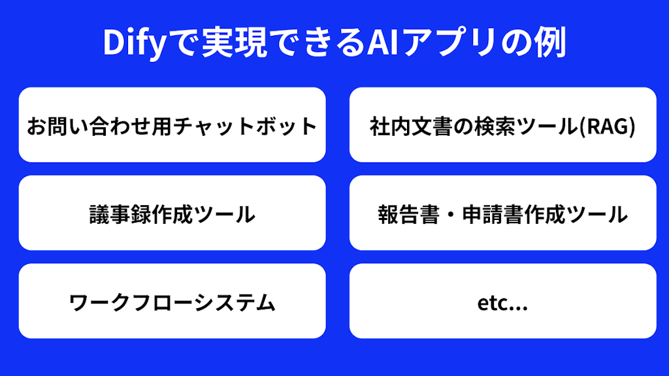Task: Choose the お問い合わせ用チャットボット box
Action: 172,125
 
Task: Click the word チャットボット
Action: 255,125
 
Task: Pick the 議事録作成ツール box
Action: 172,213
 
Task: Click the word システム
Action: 232,302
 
